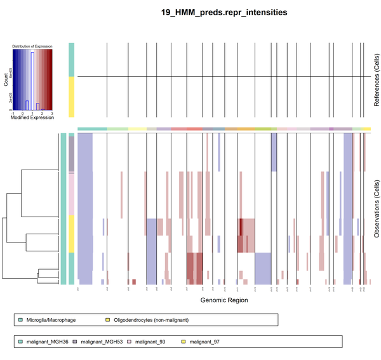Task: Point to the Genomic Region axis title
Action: [224, 300]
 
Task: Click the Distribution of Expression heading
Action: [32, 46]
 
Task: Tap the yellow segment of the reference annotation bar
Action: [72, 97]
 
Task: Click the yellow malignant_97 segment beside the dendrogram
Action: [72, 233]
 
